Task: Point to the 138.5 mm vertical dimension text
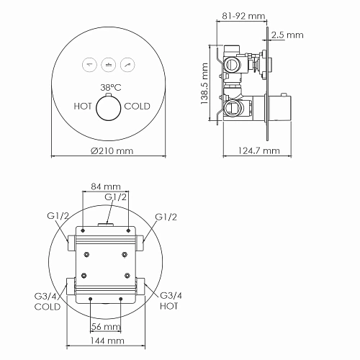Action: click(x=204, y=83)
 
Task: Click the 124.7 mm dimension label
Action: click(x=258, y=151)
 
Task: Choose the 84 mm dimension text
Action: click(x=106, y=187)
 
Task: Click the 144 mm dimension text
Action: click(x=106, y=341)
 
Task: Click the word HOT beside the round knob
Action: click(x=84, y=106)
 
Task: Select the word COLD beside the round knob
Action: click(x=138, y=106)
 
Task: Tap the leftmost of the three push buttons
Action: click(x=89, y=63)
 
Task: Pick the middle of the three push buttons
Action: click(x=109, y=63)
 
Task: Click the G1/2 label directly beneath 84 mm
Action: click(x=115, y=197)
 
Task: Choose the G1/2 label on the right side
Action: click(x=167, y=217)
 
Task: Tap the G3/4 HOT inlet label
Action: click(x=169, y=301)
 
